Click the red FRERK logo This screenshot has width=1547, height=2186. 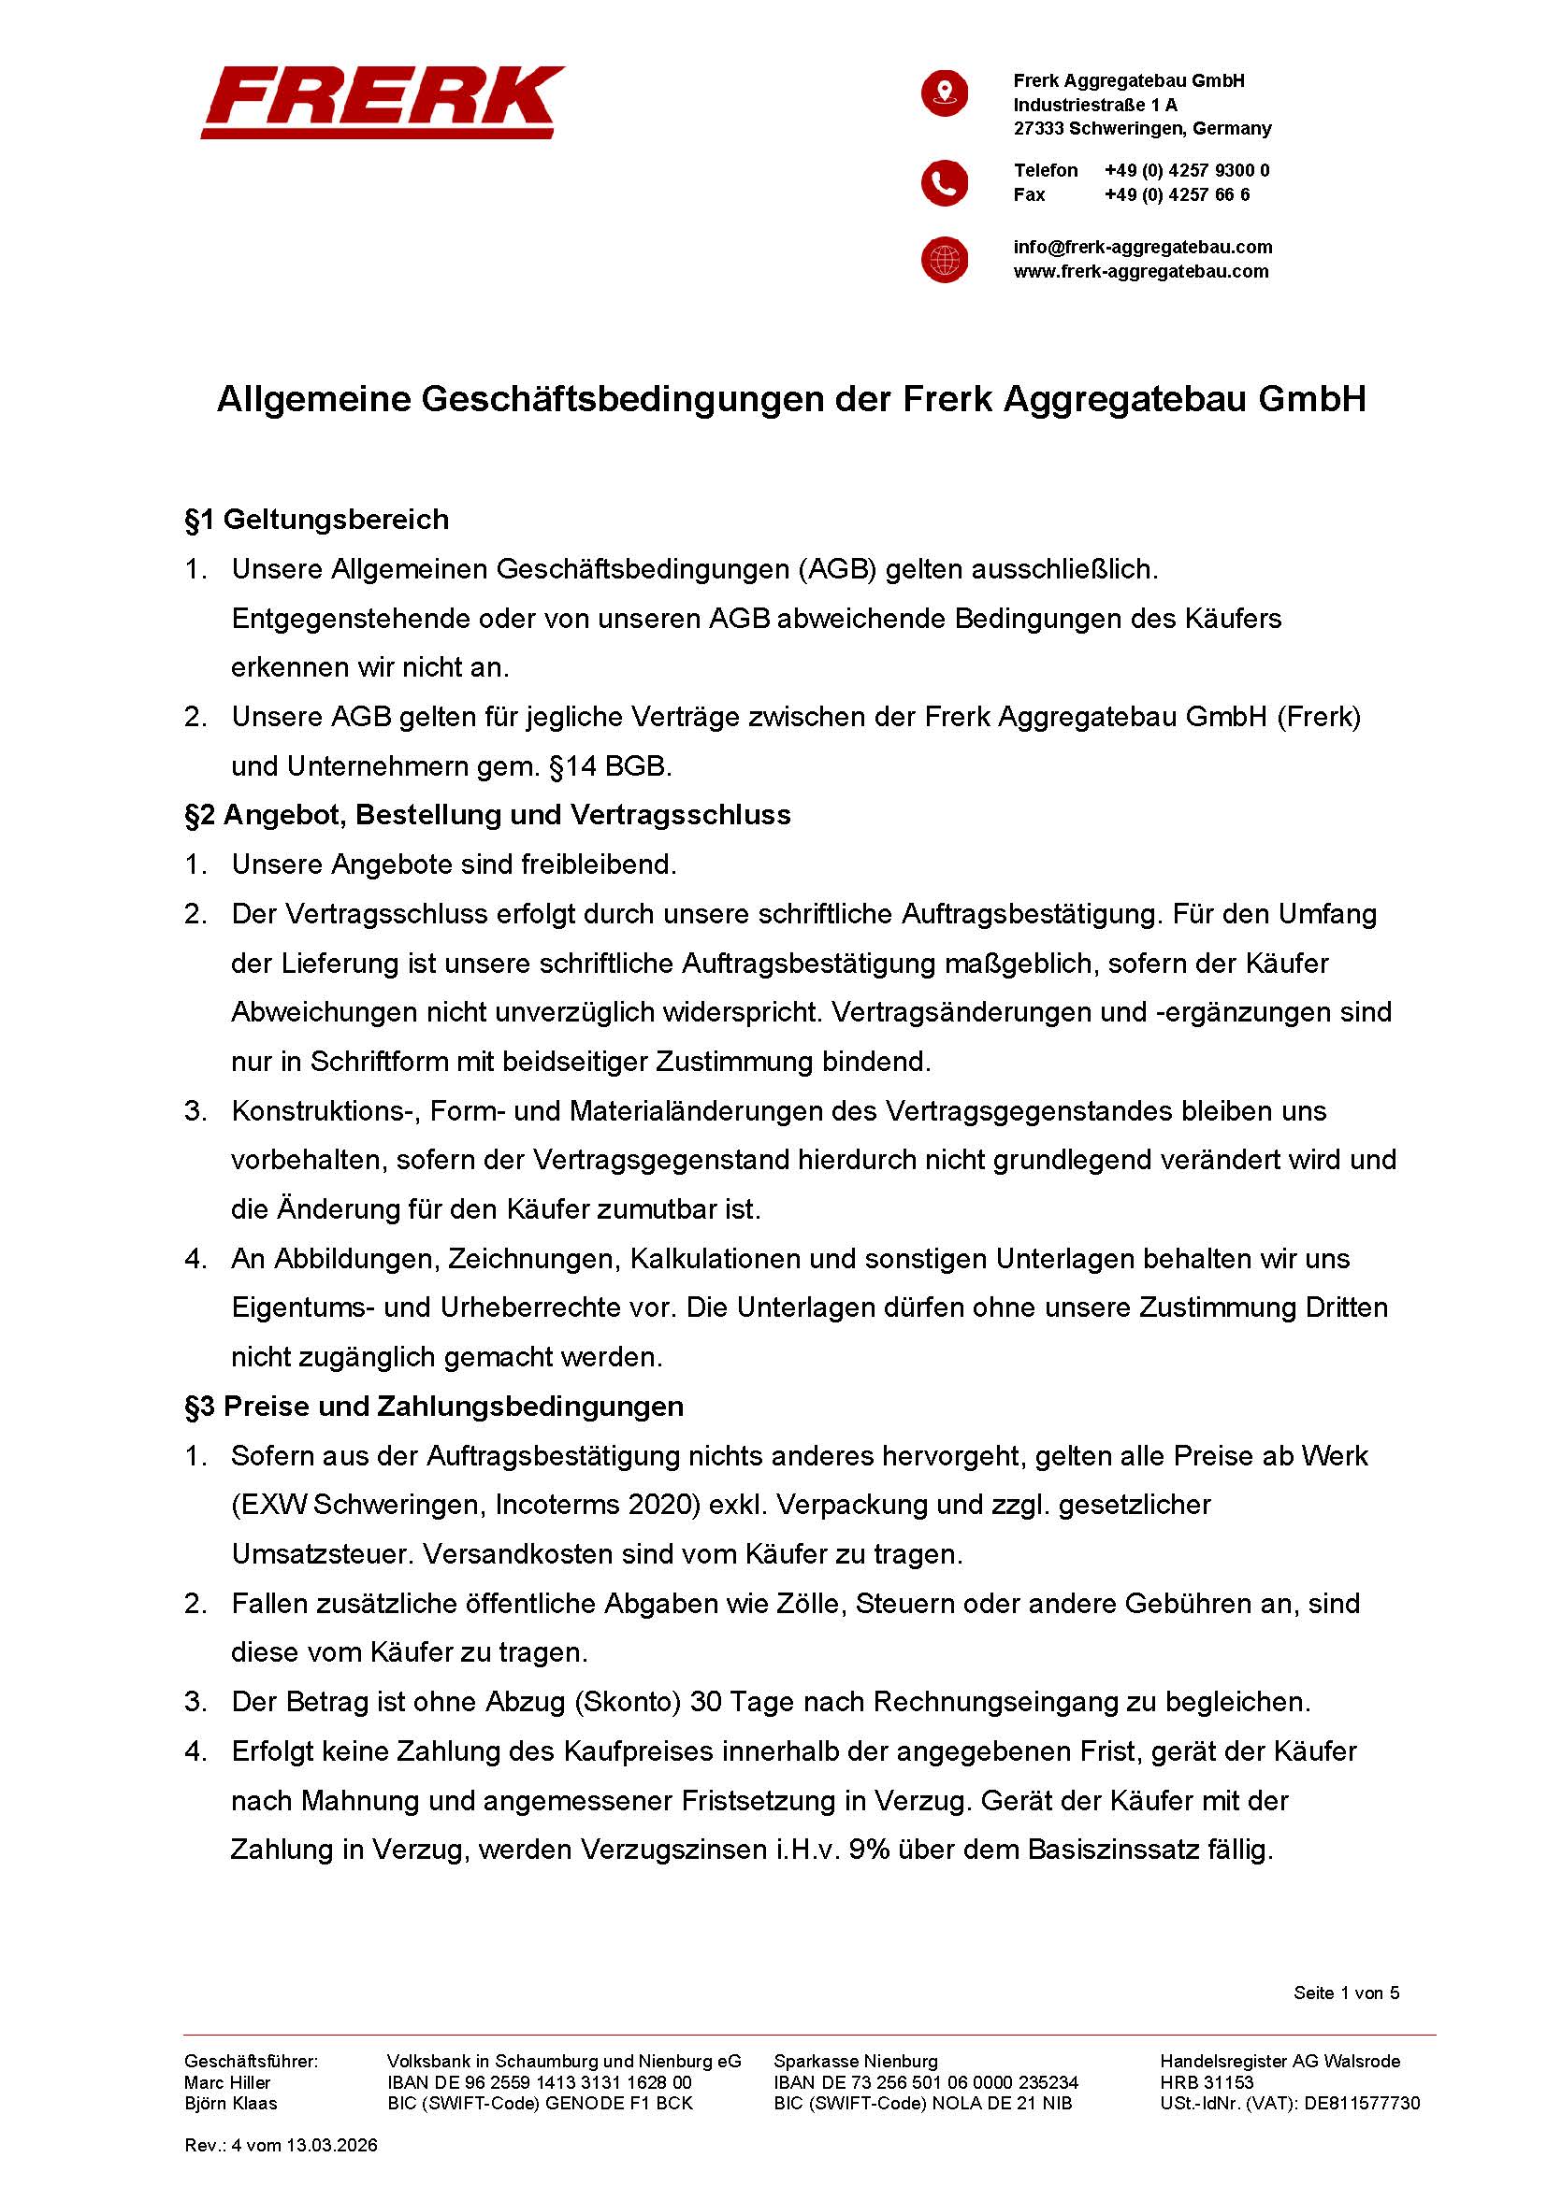[x=382, y=102]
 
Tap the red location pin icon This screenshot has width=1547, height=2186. [x=944, y=93]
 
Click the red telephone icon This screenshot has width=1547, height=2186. [x=944, y=183]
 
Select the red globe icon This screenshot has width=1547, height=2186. [x=944, y=259]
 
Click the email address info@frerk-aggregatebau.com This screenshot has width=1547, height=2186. [x=1142, y=248]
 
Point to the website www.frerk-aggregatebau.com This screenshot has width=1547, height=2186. [x=1140, y=271]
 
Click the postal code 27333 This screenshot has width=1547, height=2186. [x=1037, y=129]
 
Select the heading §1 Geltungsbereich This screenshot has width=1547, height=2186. [x=316, y=520]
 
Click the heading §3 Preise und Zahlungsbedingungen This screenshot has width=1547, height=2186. [x=433, y=1407]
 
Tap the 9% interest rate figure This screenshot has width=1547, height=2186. [x=870, y=1850]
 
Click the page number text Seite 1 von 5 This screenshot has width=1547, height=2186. [x=1346, y=1993]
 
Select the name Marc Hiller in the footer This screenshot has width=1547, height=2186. [x=226, y=2082]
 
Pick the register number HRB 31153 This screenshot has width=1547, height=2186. [x=1206, y=2082]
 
